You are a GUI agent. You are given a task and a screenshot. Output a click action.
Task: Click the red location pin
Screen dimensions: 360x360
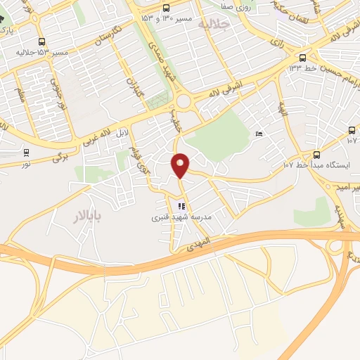click(x=181, y=165)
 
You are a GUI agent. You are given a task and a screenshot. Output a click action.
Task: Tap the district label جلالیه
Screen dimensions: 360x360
click(x=214, y=25)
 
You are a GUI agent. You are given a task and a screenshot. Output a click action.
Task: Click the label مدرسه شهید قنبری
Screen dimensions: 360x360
click(x=178, y=218)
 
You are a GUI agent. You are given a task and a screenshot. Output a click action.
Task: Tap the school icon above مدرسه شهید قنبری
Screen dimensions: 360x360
click(x=181, y=207)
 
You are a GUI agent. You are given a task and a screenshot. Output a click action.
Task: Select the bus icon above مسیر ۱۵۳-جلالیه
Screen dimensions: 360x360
click(x=41, y=41)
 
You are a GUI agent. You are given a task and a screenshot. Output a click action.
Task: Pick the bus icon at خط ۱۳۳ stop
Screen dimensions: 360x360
click(x=302, y=57)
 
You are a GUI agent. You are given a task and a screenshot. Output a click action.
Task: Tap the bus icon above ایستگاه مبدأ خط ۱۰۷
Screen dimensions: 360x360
click(x=316, y=155)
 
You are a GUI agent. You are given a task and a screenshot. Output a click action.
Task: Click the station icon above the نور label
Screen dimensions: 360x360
click(x=27, y=152)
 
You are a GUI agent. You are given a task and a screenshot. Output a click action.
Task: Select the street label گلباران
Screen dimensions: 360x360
click(x=134, y=89)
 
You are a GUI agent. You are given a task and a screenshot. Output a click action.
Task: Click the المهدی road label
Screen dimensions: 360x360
click(x=200, y=245)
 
